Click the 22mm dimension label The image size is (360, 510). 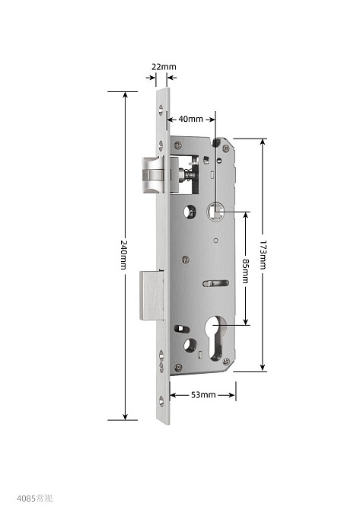pyautogui.click(x=164, y=67)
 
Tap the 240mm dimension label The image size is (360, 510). pyautogui.click(x=123, y=255)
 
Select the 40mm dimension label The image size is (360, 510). pyautogui.click(x=190, y=119)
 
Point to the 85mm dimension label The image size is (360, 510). pyautogui.click(x=246, y=271)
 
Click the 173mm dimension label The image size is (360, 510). pyautogui.click(x=263, y=255)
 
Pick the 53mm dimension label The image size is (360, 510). pyautogui.click(x=203, y=395)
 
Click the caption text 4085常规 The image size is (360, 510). pyautogui.click(x=34, y=499)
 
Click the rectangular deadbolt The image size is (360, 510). pyautogui.click(x=152, y=295)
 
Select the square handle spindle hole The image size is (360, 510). pyautogui.click(x=215, y=211)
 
